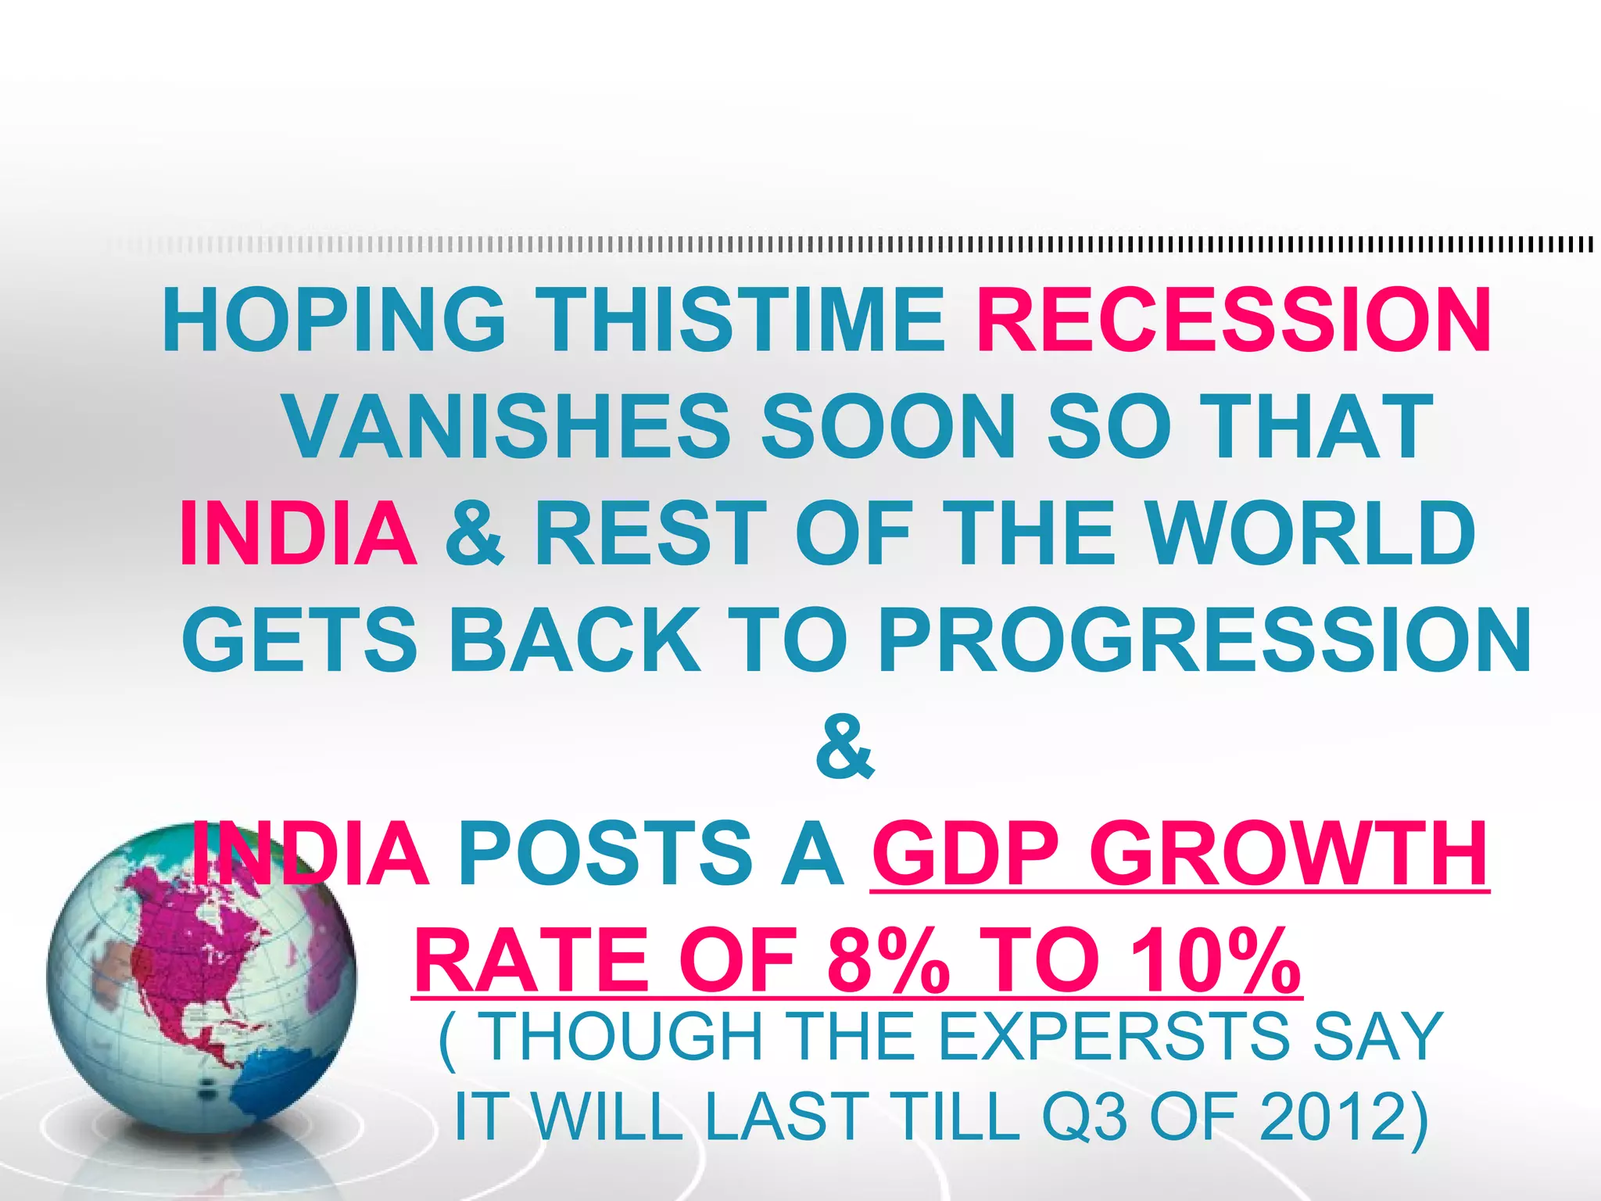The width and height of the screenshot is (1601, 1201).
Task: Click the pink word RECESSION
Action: tap(1234, 321)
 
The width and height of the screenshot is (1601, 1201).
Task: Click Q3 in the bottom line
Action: tap(1085, 1118)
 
